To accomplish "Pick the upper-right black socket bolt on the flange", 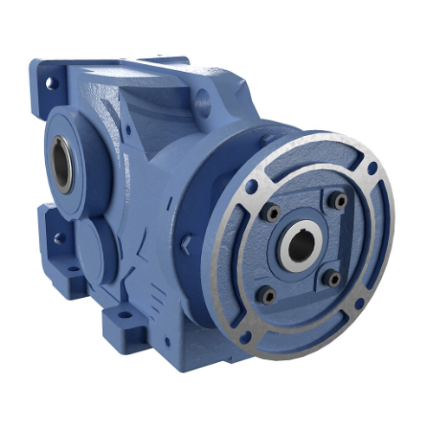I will point(340,201).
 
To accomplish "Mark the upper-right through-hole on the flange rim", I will point(371,169).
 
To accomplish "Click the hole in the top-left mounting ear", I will point(49,83).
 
